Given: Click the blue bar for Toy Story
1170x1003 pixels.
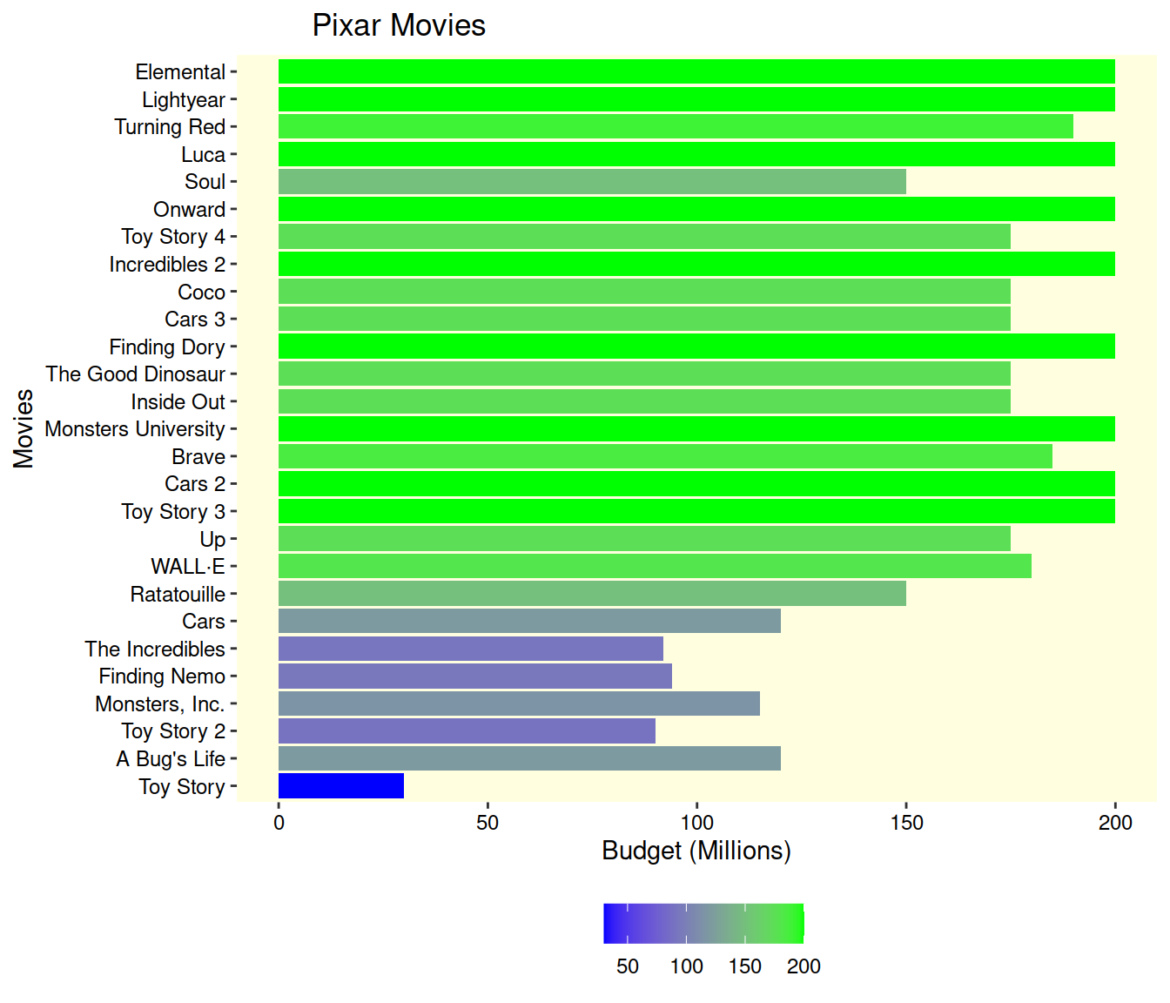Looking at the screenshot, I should (341, 786).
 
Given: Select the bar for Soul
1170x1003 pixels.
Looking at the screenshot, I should (592, 182).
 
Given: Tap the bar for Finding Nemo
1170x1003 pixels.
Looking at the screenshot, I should (475, 677).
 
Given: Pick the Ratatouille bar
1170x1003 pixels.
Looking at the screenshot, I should (592, 594).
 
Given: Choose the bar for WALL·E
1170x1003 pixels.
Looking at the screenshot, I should (655, 567).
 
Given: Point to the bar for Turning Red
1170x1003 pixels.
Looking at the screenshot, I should (676, 127).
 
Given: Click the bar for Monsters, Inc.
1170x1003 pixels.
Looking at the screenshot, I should (519, 703).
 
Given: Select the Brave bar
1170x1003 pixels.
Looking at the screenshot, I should (665, 456).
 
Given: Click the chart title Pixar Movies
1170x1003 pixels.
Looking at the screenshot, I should (399, 25).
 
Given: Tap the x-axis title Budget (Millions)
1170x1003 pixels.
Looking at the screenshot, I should (696, 851).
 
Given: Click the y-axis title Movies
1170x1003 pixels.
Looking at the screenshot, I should (24, 428).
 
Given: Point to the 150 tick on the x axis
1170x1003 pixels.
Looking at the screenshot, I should (906, 823).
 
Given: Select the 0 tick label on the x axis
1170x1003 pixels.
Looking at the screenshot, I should (279, 823).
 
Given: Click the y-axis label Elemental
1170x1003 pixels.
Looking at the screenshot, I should (180, 72).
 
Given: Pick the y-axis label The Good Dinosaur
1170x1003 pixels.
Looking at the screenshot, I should (136, 374).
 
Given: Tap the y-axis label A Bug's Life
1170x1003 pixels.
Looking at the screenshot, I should (171, 759).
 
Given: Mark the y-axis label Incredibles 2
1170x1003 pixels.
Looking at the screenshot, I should (167, 265).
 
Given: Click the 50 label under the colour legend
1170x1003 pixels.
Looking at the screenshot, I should (628, 966).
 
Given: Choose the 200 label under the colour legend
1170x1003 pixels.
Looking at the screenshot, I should (804, 966).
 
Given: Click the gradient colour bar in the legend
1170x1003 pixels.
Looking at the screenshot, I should (703, 924).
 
